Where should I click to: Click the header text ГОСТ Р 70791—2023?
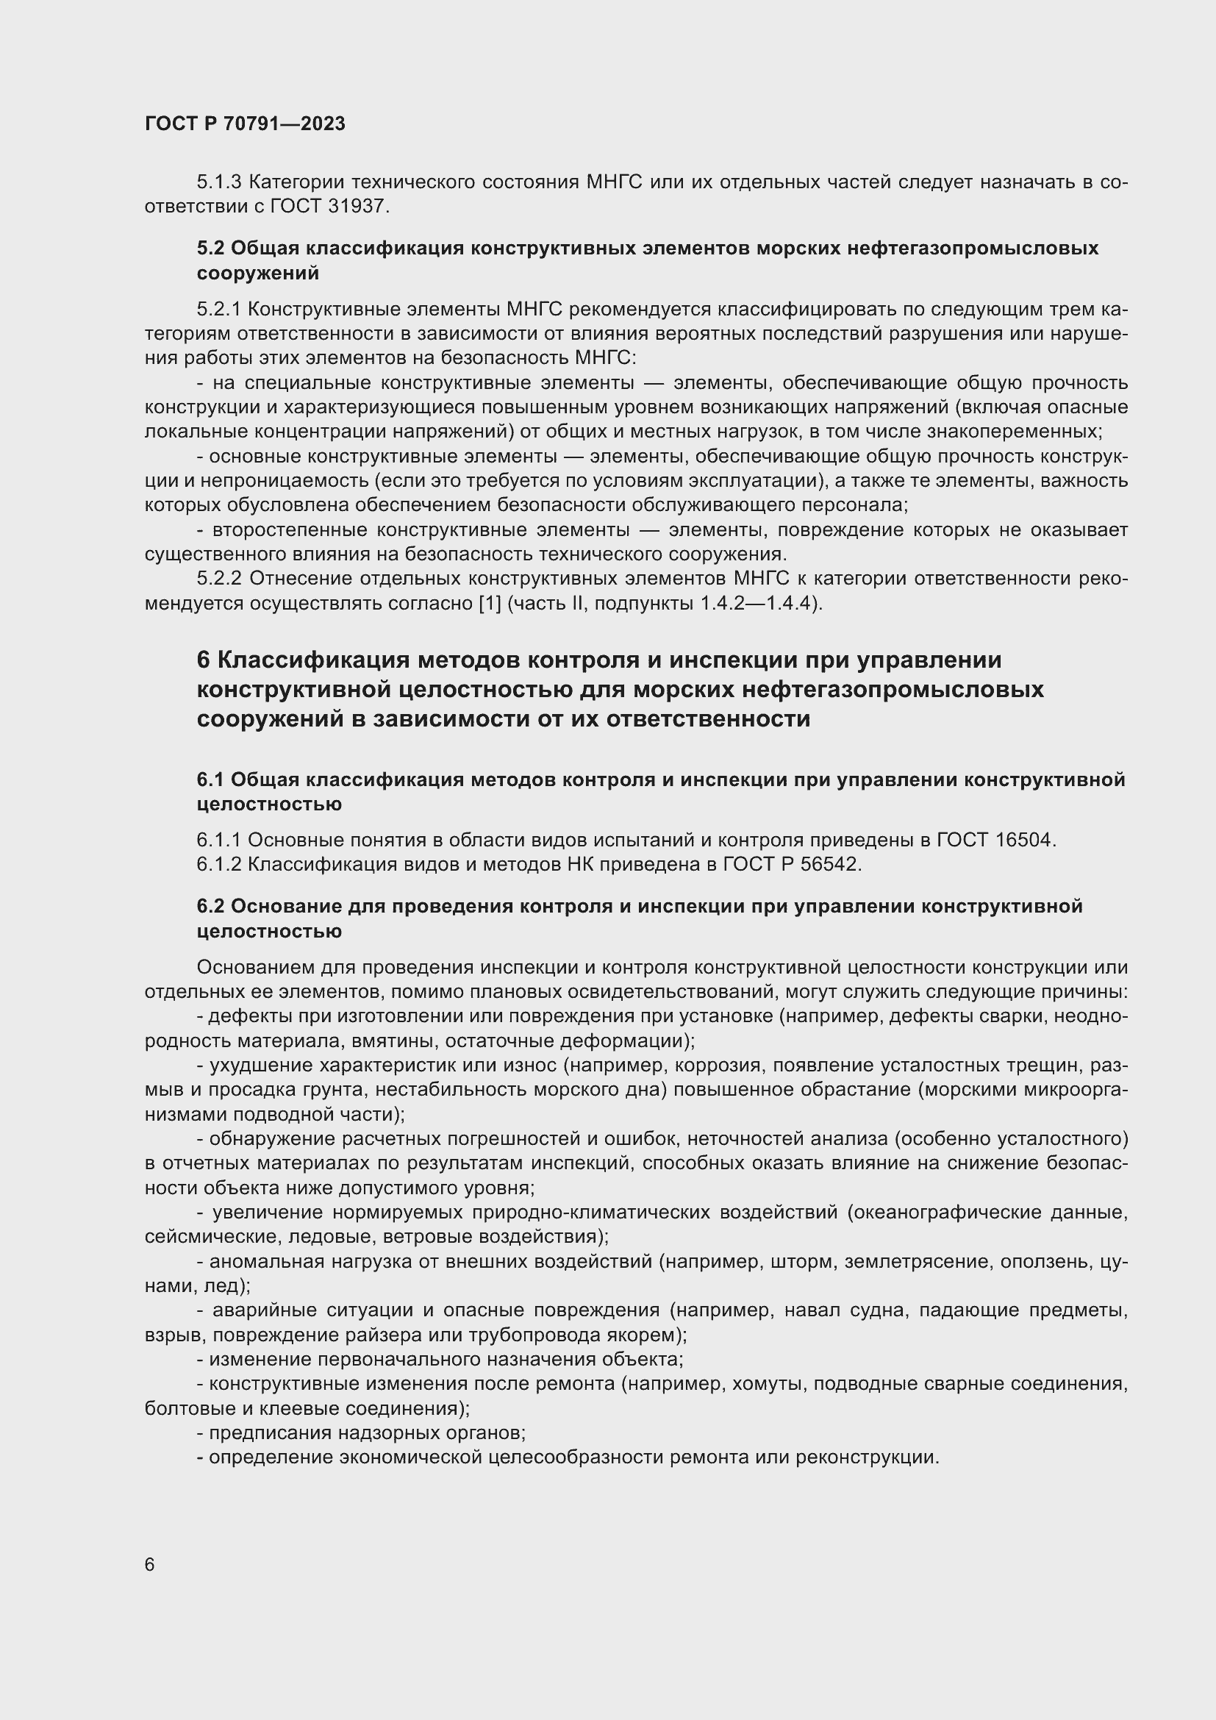[245, 124]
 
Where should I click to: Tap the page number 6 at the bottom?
[150, 1565]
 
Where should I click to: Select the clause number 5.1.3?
[218, 182]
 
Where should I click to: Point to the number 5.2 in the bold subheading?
[210, 248]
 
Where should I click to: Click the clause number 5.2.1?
[218, 310]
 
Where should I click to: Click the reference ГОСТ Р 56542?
[792, 865]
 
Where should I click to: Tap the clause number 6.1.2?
[218, 865]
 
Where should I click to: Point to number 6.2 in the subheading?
[210, 907]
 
